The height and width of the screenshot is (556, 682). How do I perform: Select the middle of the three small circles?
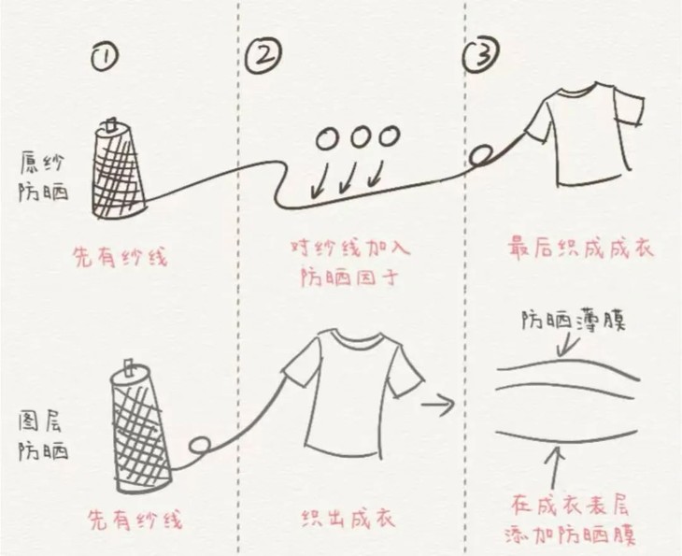pos(360,137)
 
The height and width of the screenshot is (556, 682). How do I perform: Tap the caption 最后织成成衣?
pos(579,249)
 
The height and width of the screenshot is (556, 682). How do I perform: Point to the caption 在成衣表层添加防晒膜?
pos(569,520)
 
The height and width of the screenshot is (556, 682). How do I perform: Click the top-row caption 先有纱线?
pos(121,256)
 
